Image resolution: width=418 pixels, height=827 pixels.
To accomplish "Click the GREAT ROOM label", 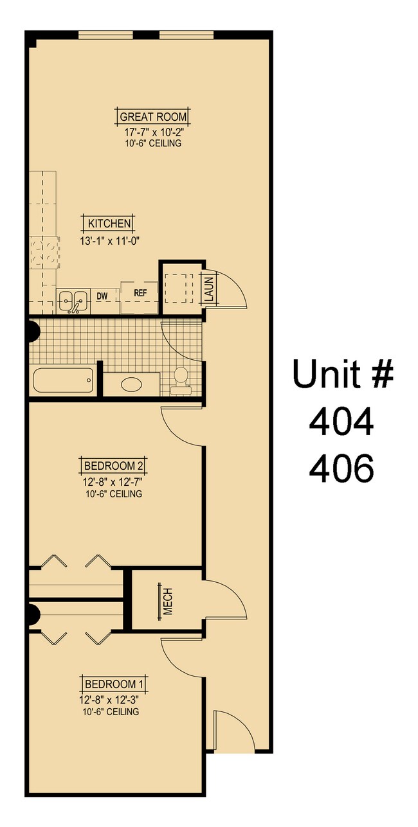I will click(x=153, y=117).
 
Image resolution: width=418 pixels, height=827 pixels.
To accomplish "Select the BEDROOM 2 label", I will click(x=113, y=465).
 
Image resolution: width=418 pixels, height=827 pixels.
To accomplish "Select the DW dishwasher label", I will click(x=102, y=296).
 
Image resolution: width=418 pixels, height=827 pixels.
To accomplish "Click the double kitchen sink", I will click(x=73, y=300).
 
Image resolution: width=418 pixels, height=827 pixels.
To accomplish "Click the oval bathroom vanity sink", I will click(x=131, y=386).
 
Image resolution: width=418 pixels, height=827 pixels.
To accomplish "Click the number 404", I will click(x=341, y=422).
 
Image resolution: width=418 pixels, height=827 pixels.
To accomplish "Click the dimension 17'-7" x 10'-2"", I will click(x=153, y=132).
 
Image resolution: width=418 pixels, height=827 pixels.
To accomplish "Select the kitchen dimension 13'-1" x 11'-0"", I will click(x=110, y=240).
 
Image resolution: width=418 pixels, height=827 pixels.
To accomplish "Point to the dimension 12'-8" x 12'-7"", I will click(x=113, y=481).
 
